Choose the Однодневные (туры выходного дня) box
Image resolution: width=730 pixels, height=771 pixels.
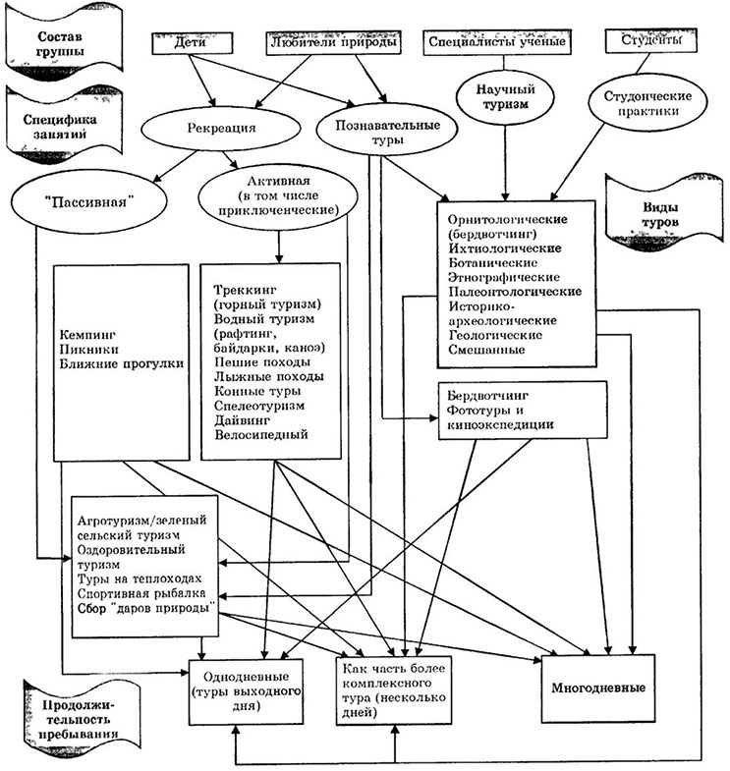click(239, 688)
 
